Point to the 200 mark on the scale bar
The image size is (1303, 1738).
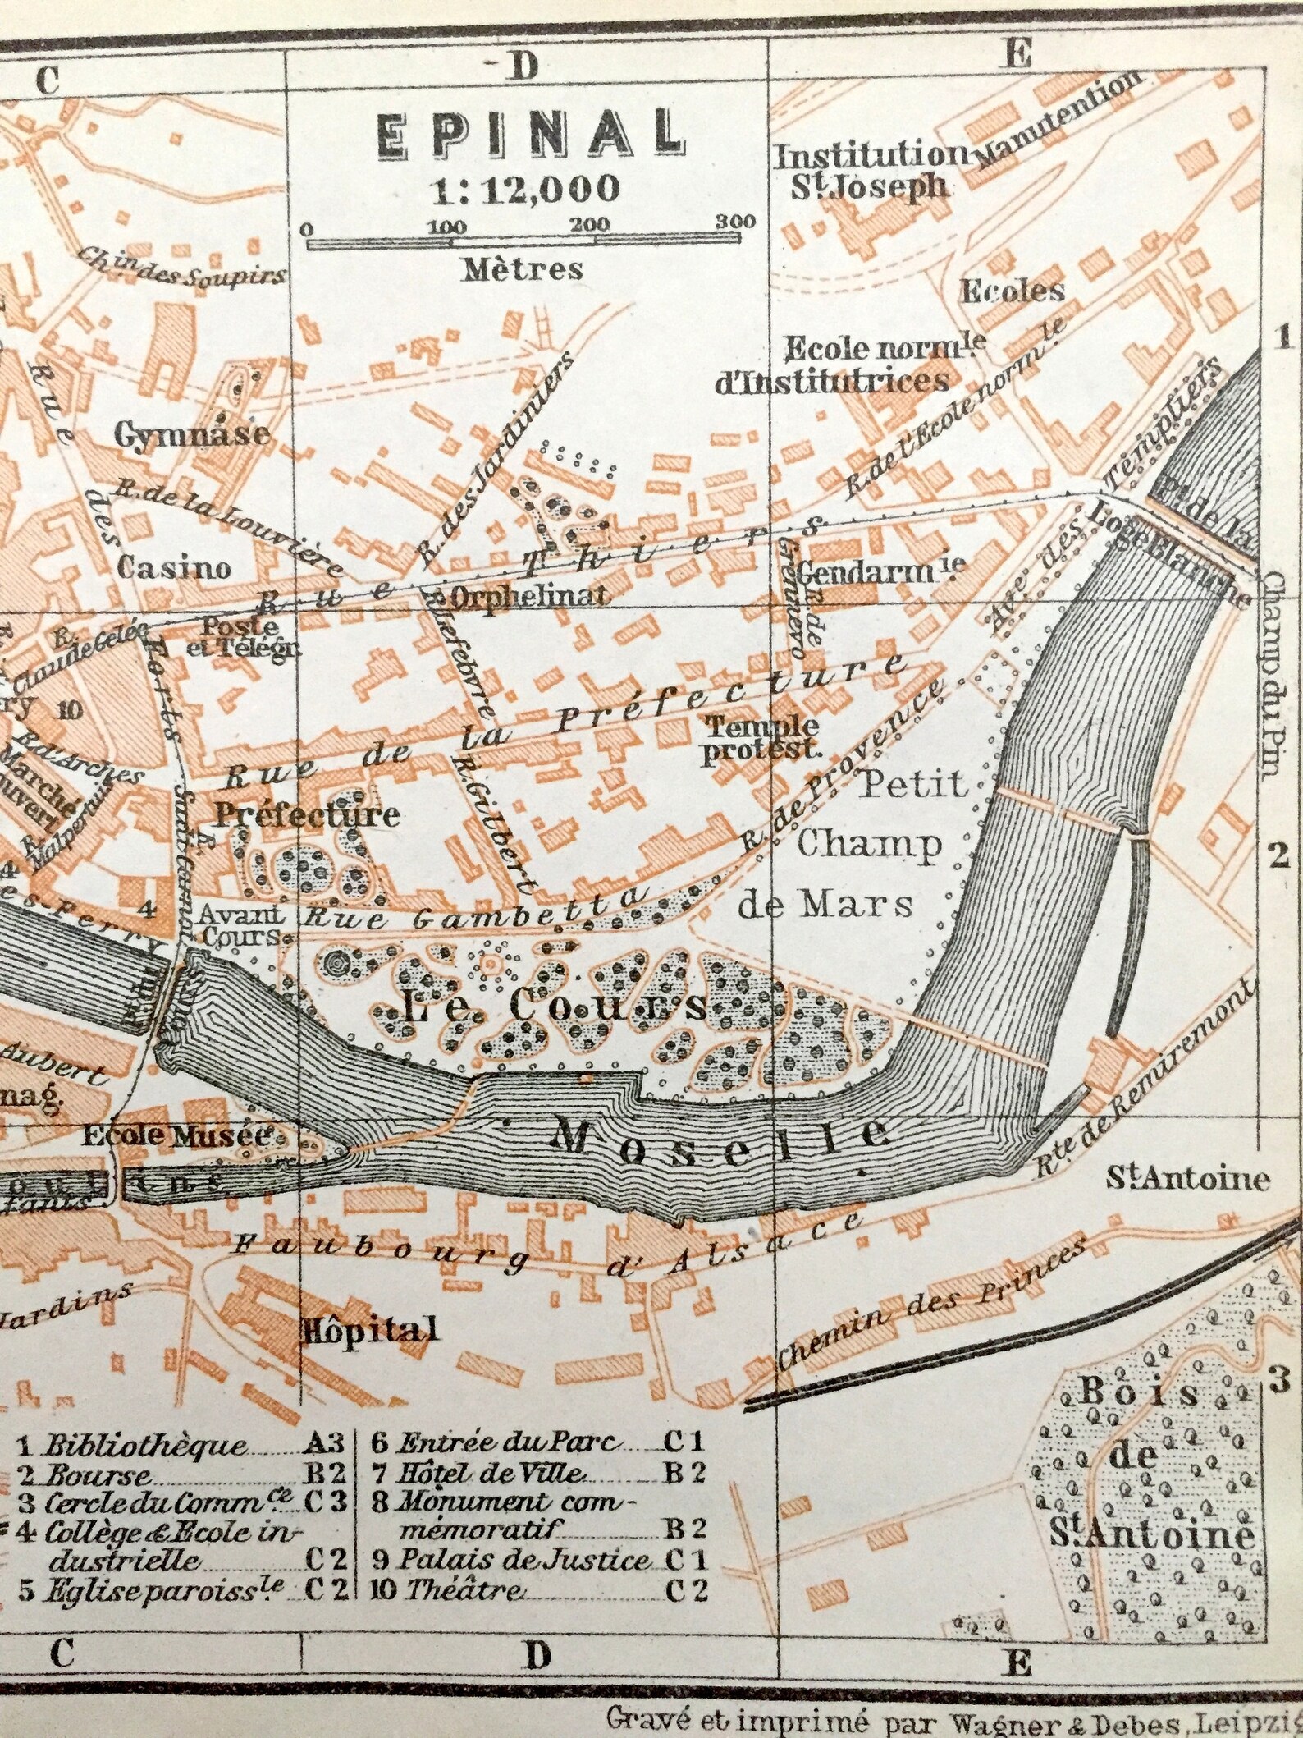(x=591, y=224)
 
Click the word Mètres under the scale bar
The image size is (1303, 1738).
(x=523, y=268)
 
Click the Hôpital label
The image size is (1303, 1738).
(x=369, y=1329)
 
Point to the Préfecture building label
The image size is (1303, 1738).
(x=307, y=814)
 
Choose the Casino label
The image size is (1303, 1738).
(x=174, y=566)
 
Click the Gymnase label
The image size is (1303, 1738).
(x=192, y=433)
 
